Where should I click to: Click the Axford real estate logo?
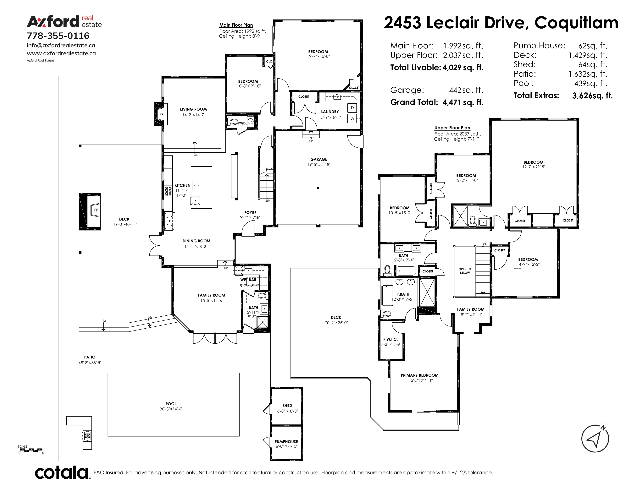click(64, 22)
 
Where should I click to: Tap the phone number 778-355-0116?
click(58, 36)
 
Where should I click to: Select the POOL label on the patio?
click(171, 404)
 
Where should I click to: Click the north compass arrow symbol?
click(595, 439)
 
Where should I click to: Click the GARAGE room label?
click(319, 159)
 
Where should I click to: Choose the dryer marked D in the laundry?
click(352, 108)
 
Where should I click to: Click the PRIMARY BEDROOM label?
click(420, 375)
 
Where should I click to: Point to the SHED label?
click(287, 405)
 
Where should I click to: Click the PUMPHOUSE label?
click(286, 442)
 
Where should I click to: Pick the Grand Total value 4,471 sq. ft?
click(463, 102)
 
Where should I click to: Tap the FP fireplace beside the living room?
click(161, 114)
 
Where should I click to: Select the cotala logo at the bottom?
click(62, 473)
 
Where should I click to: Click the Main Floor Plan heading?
click(236, 25)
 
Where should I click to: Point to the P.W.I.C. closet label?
click(391, 339)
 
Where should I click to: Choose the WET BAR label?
click(248, 280)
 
